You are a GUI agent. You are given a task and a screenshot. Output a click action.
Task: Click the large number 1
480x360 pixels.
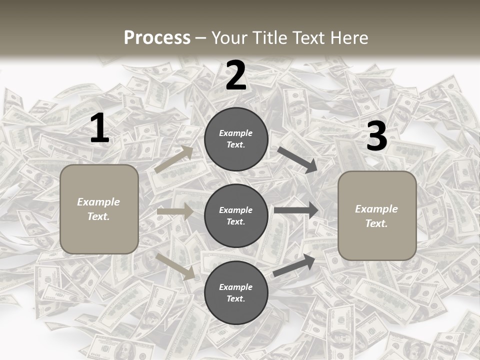(x=99, y=128)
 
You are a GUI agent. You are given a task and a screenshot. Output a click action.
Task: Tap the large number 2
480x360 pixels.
(x=236, y=76)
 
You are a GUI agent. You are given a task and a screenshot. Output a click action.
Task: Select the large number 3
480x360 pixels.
(x=376, y=136)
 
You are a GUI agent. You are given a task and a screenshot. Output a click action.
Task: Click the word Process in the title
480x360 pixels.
(x=157, y=37)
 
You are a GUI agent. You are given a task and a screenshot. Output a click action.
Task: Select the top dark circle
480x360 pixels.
(x=236, y=139)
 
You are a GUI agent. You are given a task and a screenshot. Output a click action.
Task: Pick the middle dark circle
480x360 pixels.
(x=236, y=215)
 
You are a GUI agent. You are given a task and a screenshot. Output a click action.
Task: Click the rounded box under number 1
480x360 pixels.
(x=99, y=209)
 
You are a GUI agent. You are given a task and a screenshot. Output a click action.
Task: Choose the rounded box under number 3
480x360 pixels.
(x=377, y=216)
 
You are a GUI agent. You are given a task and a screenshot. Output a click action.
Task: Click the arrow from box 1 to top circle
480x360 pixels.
(x=174, y=159)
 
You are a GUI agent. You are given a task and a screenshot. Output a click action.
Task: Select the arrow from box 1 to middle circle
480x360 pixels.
(x=175, y=211)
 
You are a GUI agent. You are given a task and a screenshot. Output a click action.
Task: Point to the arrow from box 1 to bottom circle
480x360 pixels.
(x=175, y=266)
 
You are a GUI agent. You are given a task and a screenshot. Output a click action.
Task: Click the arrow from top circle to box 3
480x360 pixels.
(x=297, y=160)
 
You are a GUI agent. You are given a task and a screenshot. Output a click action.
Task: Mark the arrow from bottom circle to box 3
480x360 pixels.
(x=294, y=265)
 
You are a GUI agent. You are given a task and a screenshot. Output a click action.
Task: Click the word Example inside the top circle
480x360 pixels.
(x=236, y=133)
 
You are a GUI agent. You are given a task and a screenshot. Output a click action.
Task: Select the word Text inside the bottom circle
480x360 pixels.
(x=235, y=298)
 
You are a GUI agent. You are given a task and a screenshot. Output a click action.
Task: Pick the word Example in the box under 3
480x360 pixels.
(x=376, y=209)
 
